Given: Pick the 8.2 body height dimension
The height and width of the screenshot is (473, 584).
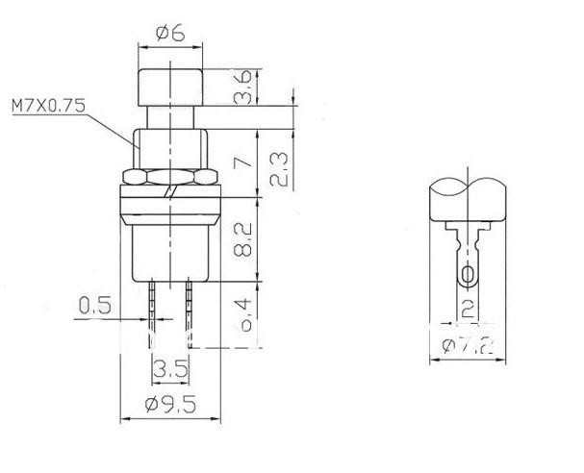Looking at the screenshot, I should (x=244, y=237).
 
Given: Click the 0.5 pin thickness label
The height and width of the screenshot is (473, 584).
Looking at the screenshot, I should (x=92, y=308).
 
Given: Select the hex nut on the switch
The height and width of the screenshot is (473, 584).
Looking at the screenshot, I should (x=170, y=176).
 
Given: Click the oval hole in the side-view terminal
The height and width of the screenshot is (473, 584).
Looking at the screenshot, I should (x=468, y=277).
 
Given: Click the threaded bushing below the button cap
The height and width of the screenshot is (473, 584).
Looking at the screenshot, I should (x=170, y=142).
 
